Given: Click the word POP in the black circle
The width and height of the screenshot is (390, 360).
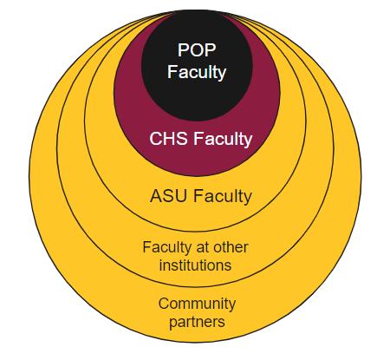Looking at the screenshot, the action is (x=197, y=50).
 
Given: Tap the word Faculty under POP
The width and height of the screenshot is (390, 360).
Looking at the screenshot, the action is (x=197, y=72).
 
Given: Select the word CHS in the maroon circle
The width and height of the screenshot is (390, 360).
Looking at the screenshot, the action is (x=168, y=139).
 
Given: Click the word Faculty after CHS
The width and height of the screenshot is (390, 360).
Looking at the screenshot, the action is (x=223, y=139).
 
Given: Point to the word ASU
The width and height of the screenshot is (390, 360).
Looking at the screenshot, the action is (x=169, y=196).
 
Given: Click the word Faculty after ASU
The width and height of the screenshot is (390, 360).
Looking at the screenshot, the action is (x=223, y=197).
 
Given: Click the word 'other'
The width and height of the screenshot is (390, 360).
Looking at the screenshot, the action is (x=230, y=247).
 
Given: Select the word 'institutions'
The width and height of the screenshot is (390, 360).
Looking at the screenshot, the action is (x=195, y=265).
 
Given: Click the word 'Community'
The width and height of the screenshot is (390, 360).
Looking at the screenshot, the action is (x=197, y=304).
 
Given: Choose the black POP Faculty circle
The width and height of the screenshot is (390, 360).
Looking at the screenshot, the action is (x=197, y=95).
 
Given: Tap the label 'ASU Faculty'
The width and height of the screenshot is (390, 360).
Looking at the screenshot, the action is (x=201, y=197).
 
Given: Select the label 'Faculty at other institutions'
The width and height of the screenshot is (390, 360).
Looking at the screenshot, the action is (x=195, y=257).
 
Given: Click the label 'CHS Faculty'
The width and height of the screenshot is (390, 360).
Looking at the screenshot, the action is (x=201, y=139).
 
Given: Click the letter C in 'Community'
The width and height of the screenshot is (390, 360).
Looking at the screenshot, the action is (x=164, y=304).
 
